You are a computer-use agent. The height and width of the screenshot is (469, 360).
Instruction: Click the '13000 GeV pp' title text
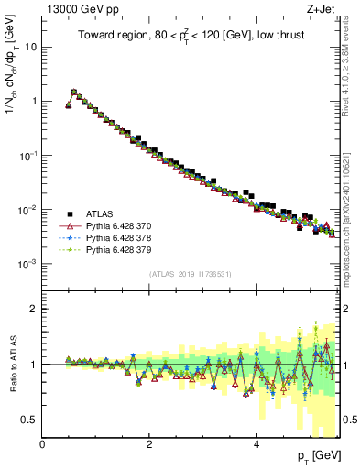pos(80,9)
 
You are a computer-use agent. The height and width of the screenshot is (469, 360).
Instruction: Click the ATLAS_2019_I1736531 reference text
pos(189,274)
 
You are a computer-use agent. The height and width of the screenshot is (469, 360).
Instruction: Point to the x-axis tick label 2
pos(150,444)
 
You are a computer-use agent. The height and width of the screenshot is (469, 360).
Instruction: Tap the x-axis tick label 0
pos(43,444)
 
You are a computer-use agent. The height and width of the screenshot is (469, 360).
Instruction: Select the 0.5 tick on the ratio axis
pos(29,420)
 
